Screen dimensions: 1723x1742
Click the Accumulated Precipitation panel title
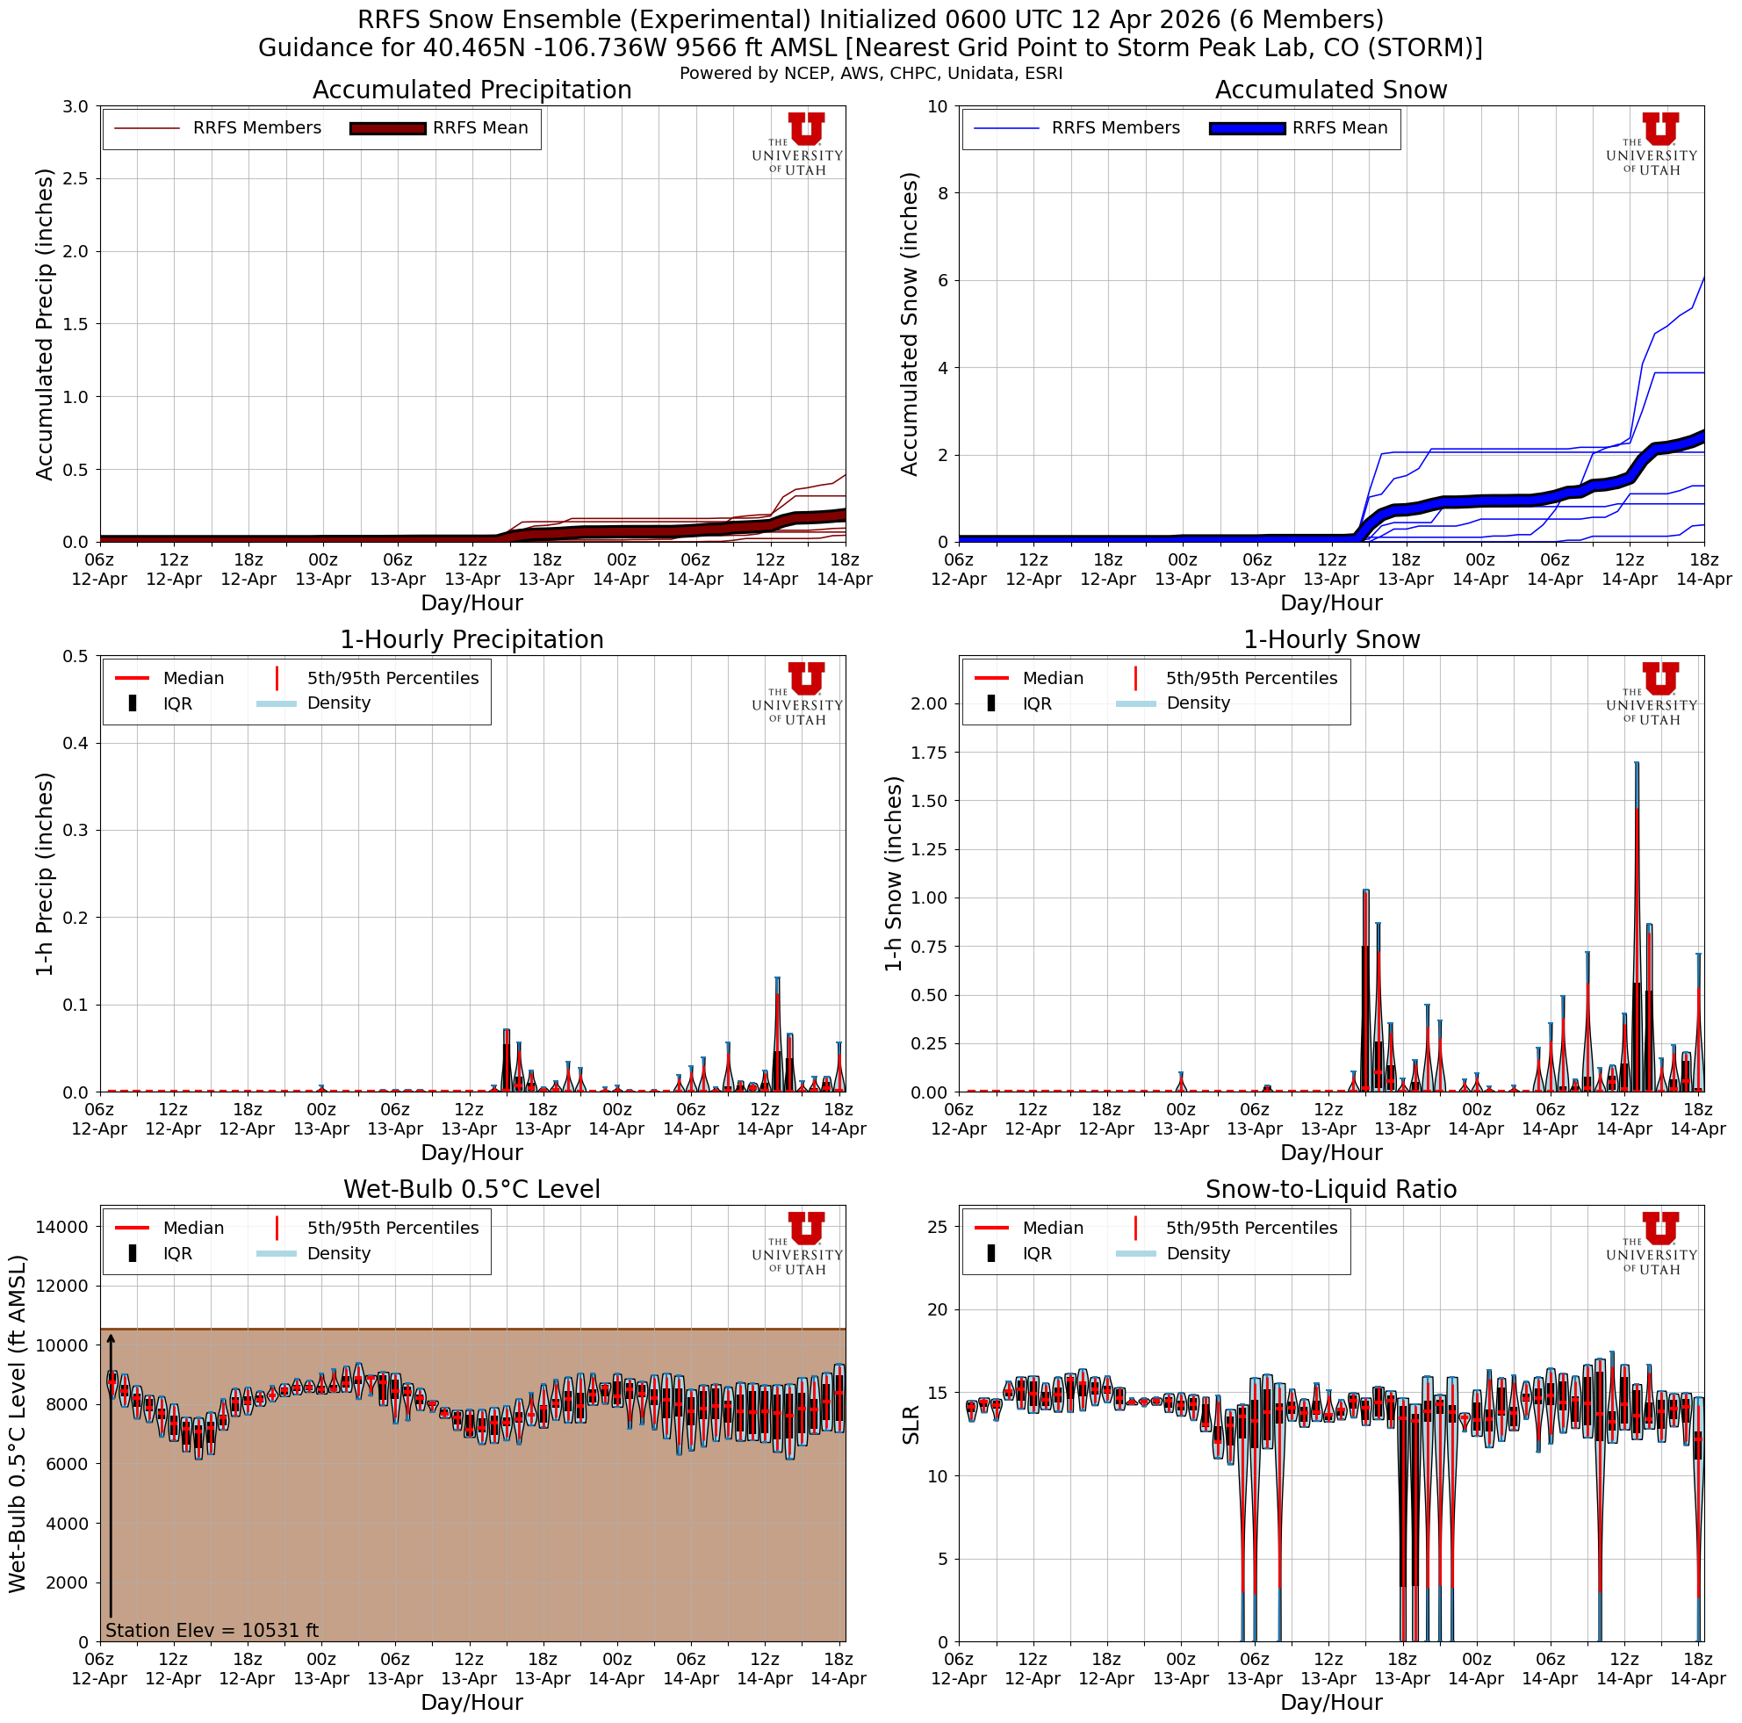point(471,90)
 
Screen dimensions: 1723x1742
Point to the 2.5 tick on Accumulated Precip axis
point(76,178)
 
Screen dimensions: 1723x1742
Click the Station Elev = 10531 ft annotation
point(212,1630)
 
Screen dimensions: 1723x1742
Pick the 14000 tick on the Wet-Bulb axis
point(63,1227)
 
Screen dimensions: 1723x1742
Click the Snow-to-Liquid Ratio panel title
point(1331,1190)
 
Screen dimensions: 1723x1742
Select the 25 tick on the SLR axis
point(937,1227)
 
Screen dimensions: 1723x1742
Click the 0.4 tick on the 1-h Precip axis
point(76,744)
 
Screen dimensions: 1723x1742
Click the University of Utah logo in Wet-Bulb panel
point(799,1243)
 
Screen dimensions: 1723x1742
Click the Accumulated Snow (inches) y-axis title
point(909,324)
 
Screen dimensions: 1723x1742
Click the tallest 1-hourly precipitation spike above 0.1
point(777,981)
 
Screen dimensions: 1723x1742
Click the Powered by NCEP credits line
point(870,73)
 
